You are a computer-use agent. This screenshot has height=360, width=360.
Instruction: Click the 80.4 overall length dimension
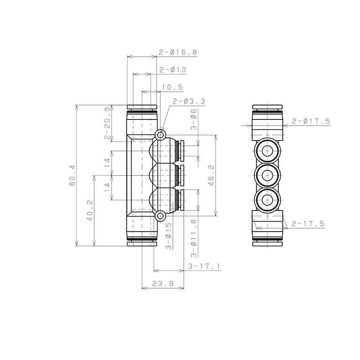point(73,175)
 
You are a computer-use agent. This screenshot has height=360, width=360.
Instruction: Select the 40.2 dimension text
point(90,210)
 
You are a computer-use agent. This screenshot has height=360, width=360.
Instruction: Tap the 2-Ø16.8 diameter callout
point(178,52)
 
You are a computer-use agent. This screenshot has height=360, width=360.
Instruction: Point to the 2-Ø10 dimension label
point(172,69)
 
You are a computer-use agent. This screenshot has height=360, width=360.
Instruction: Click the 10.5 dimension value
point(172,87)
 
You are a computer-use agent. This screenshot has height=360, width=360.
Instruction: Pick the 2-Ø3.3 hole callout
point(189,101)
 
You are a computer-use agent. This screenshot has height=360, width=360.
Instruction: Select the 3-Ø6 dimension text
point(194,120)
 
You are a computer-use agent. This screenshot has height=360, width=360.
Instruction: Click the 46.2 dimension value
point(211,175)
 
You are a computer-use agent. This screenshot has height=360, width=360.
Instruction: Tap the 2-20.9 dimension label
point(107,123)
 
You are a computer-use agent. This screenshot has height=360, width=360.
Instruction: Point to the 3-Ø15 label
point(169,236)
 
